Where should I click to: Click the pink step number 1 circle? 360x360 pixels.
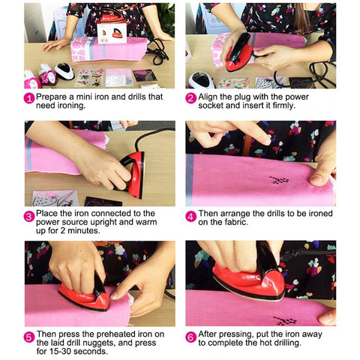(x=29, y=98)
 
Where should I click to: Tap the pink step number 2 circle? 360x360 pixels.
(x=190, y=98)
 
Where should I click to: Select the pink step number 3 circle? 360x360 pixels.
(x=29, y=217)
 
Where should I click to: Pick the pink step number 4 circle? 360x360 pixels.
(x=190, y=217)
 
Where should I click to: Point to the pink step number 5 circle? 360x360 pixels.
(x=29, y=337)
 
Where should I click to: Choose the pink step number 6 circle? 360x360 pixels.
(x=190, y=337)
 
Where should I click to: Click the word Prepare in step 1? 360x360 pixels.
(x=51, y=97)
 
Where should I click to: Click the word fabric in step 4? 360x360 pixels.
(x=235, y=222)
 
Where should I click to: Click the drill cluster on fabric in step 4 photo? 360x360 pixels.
(x=279, y=180)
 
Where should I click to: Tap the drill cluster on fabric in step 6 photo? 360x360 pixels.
(x=285, y=321)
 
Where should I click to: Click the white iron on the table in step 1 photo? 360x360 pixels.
(x=64, y=70)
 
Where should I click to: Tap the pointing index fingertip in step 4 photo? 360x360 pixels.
(x=266, y=141)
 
